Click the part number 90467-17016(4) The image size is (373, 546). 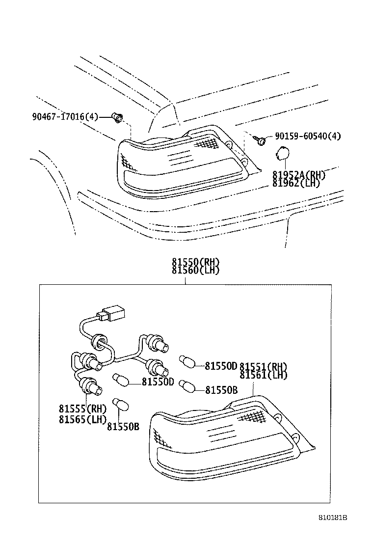tap(65, 117)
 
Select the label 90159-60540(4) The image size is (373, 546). tap(307, 136)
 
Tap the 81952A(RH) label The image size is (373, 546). tap(299, 174)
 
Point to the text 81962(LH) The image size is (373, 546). tap(296, 183)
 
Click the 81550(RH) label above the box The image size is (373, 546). tap(195, 262)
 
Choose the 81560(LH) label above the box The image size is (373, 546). tap(195, 270)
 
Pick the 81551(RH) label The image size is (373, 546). tap(264, 367)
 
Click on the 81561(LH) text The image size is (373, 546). tap(264, 375)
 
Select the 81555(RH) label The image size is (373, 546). tap(82, 409)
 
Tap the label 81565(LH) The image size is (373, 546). tap(82, 419)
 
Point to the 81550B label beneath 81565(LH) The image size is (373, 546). tap(123, 427)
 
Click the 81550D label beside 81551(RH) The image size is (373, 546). tap(221, 366)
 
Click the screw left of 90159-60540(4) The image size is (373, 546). tap(262, 140)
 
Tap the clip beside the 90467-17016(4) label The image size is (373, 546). tap(117, 117)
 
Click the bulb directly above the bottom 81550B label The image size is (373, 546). tap(119, 404)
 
